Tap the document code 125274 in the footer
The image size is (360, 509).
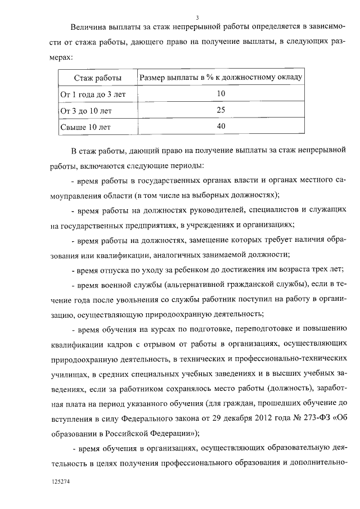point(60,482)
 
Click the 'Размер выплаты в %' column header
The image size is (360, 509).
point(220,77)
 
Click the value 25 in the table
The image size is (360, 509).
point(220,110)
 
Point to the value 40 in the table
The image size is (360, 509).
point(220,127)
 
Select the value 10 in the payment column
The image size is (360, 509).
point(220,94)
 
